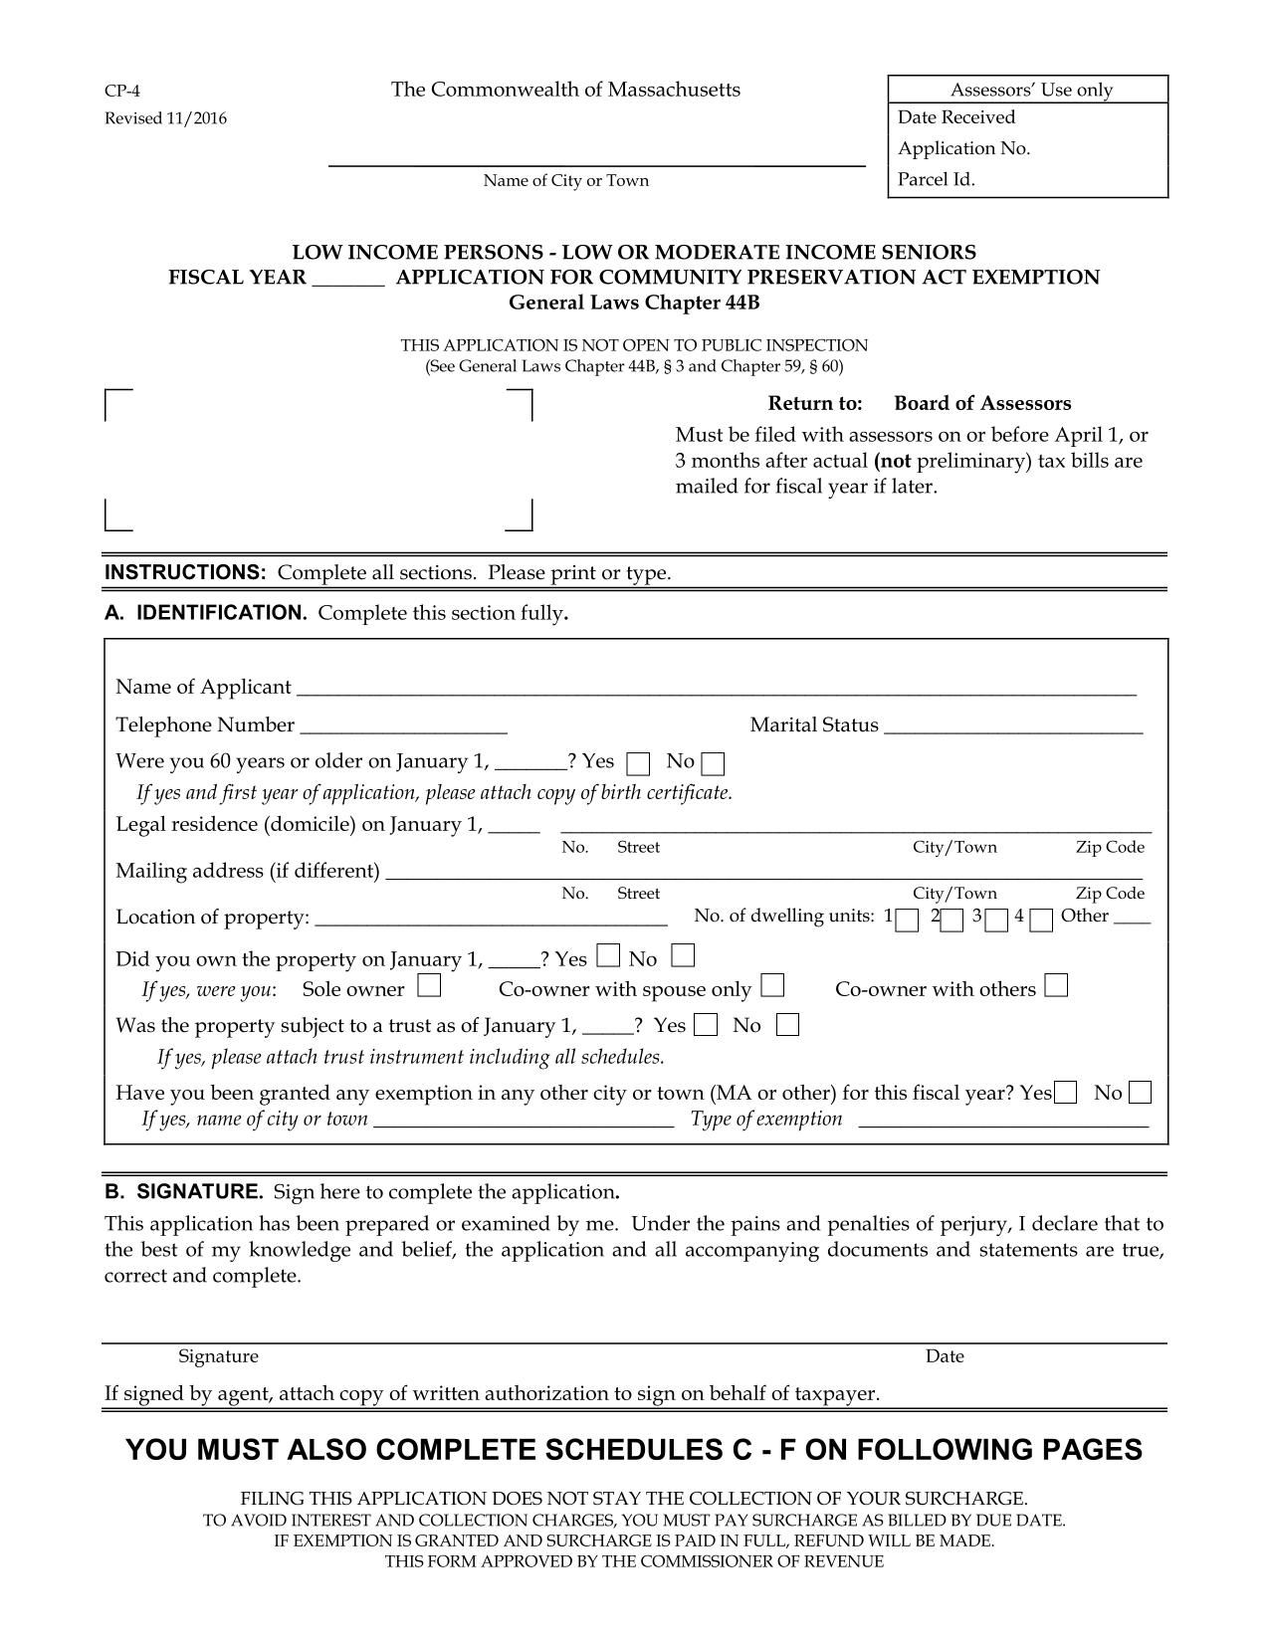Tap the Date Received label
pos(955,117)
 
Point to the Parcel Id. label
pos(936,180)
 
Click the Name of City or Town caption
pos(565,181)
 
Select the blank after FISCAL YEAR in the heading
pos(348,279)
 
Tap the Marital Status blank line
pos(1012,724)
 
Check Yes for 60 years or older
pos(638,764)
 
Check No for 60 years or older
pos(713,764)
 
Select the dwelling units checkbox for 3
pos(998,921)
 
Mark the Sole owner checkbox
pos(429,987)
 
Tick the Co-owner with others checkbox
pos(1057,987)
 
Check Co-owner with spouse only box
pos(773,987)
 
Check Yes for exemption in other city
pos(1065,1093)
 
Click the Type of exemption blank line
pos(1002,1120)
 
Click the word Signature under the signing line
pos(218,1356)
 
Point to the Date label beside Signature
pos(944,1356)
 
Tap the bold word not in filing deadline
pos(893,462)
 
